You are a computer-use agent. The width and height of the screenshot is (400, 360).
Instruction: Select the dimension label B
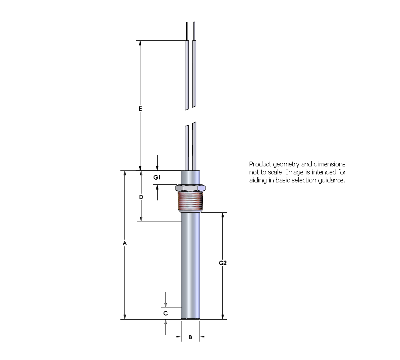click(x=190, y=337)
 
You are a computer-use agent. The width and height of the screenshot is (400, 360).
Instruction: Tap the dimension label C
click(x=165, y=314)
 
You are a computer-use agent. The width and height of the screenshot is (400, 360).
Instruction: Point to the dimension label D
click(x=141, y=197)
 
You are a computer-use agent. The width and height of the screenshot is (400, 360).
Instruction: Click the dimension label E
click(x=140, y=108)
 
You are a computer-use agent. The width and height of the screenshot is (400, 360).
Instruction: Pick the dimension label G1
click(x=157, y=177)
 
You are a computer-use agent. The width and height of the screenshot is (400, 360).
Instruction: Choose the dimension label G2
click(x=223, y=263)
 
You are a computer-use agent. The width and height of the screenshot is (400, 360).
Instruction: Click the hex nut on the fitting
click(x=190, y=187)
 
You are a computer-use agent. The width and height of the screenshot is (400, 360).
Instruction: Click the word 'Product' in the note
click(x=259, y=164)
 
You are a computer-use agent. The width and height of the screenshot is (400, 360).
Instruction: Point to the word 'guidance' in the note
click(x=330, y=180)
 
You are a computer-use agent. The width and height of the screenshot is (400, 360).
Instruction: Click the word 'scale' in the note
click(x=276, y=172)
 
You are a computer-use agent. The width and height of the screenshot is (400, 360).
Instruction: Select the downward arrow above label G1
click(x=157, y=168)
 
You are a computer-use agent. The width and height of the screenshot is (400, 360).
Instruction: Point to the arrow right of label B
click(x=202, y=337)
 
